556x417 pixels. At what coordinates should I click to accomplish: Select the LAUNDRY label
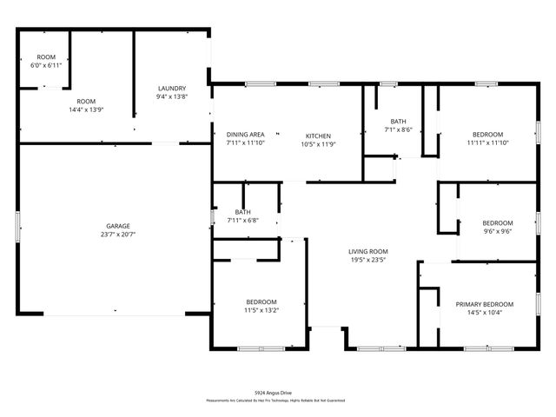click(x=171, y=88)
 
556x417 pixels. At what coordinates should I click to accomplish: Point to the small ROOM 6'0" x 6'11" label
click(x=46, y=57)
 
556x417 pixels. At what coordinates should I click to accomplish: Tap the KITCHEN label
click(x=318, y=135)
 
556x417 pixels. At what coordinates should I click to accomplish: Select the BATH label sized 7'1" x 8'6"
click(x=398, y=122)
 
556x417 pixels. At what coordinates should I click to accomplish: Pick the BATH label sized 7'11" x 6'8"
click(x=242, y=212)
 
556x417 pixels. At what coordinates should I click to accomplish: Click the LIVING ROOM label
click(x=367, y=251)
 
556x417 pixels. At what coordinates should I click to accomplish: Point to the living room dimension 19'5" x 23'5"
click(x=367, y=260)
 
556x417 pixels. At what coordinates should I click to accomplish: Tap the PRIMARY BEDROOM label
click(x=485, y=304)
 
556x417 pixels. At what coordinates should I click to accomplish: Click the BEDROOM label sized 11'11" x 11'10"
click(x=487, y=134)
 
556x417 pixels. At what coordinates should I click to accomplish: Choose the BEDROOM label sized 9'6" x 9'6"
click(x=498, y=222)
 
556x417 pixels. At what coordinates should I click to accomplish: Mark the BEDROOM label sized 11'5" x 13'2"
click(x=260, y=301)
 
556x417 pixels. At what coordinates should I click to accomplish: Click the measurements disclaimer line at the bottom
click(x=275, y=400)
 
